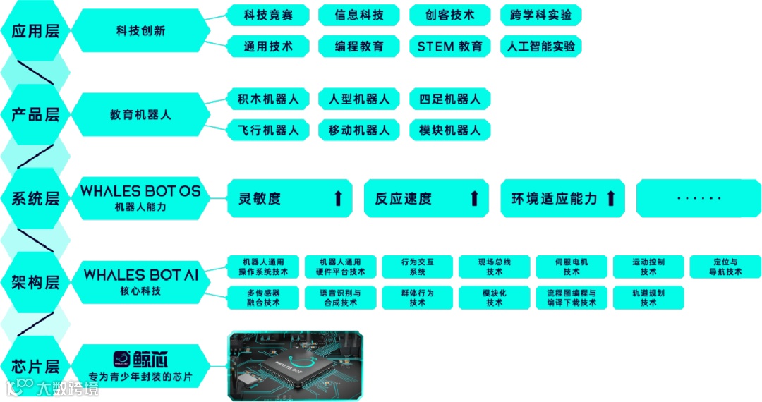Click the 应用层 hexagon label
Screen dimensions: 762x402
tap(35, 31)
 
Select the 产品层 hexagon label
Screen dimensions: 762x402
tap(35, 114)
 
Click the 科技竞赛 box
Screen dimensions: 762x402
tap(267, 15)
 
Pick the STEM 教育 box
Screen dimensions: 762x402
tap(450, 47)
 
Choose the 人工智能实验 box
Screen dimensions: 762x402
tap(540, 47)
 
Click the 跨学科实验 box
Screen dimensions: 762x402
tap(540, 15)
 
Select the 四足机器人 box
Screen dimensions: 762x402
tap(450, 99)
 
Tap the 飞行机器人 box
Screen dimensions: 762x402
tap(267, 130)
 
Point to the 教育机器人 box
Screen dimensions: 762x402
tap(140, 114)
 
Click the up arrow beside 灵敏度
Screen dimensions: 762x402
tap(338, 198)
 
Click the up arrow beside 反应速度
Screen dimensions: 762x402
tap(475, 198)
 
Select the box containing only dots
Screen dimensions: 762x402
tap(698, 198)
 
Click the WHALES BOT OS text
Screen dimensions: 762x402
tap(140, 191)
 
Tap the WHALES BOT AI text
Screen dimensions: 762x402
tap(140, 274)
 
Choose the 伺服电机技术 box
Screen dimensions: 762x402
tap(571, 267)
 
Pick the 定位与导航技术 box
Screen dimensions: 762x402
tap(725, 267)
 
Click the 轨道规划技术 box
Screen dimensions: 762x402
tap(648, 298)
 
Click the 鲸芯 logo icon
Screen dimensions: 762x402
tap(125, 359)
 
